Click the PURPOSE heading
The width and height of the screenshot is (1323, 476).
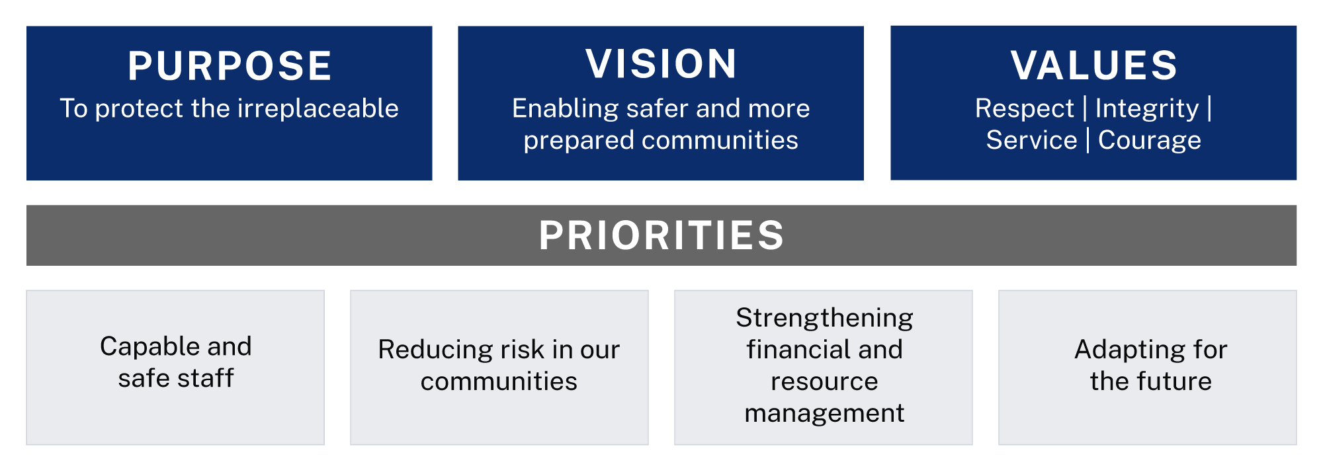(x=230, y=66)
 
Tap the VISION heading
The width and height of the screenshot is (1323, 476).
(x=661, y=64)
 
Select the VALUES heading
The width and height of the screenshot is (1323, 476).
(x=1093, y=65)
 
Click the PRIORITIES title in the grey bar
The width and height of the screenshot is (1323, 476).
(x=661, y=235)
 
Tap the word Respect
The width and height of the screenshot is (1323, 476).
(x=1024, y=109)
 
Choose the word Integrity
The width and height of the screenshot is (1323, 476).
(x=1146, y=109)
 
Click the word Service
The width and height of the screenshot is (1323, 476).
(x=1031, y=140)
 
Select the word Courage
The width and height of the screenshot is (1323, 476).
(x=1149, y=140)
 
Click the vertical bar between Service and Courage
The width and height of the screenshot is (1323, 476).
(x=1088, y=140)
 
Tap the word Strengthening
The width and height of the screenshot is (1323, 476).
(x=824, y=318)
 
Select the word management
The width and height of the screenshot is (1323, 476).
(x=824, y=414)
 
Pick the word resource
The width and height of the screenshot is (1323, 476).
(x=824, y=381)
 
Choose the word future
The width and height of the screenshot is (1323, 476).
(x=1174, y=381)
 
